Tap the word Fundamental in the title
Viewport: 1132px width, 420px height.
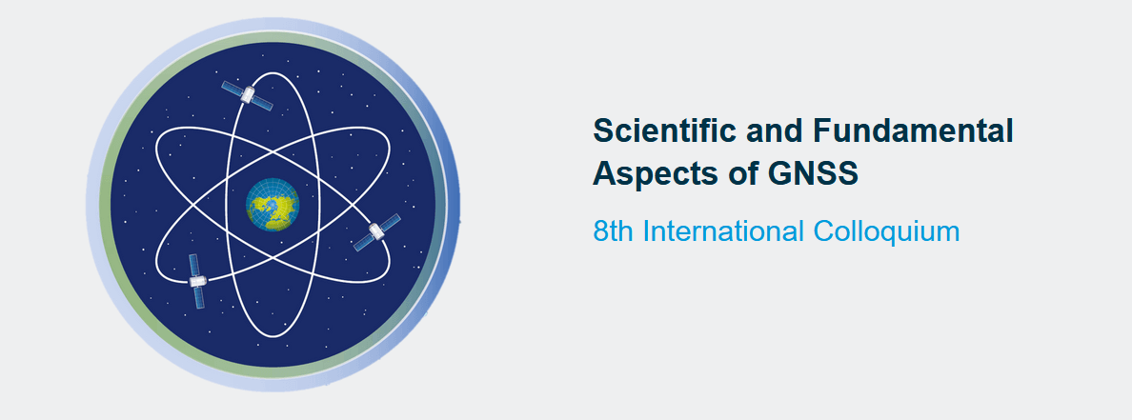click(x=913, y=131)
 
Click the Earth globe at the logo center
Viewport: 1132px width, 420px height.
click(x=273, y=204)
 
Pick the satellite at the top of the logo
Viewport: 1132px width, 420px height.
click(x=248, y=95)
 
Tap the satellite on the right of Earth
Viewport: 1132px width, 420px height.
click(x=376, y=231)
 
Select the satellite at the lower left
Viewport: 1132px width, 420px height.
click(x=196, y=281)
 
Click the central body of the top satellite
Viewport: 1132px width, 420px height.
click(x=248, y=94)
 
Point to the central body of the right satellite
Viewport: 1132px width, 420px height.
click(x=376, y=231)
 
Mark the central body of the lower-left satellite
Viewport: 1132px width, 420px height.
click(x=196, y=281)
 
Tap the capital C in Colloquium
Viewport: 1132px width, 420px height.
click(x=823, y=231)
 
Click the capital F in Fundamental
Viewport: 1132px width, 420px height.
click(x=822, y=131)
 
